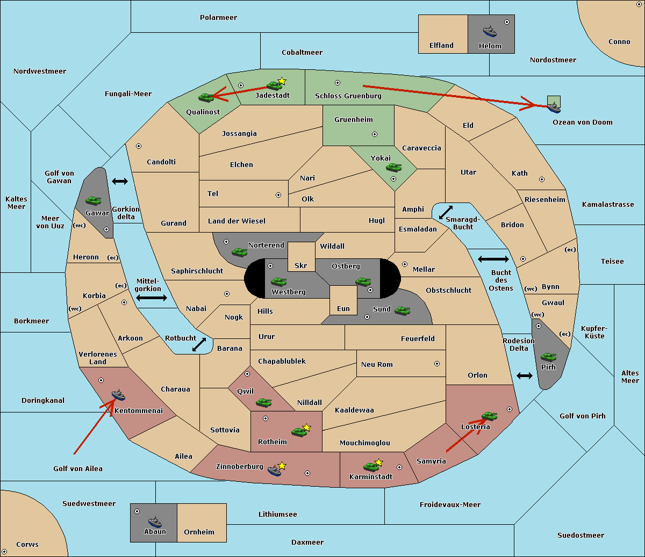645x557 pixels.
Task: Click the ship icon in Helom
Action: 490,31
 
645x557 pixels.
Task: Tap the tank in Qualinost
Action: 206,98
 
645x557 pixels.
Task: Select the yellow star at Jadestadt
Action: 282,81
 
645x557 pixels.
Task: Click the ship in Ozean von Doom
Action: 554,107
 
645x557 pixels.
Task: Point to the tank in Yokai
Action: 394,168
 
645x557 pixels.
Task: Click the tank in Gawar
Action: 94,200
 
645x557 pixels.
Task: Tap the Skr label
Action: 301,265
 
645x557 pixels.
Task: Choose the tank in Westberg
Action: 278,281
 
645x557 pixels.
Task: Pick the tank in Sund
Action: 402,310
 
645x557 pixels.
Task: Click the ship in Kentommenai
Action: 119,395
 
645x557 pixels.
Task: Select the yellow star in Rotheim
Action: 306,428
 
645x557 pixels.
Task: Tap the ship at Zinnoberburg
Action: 275,471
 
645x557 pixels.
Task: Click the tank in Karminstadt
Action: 371,467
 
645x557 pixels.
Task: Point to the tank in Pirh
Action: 549,357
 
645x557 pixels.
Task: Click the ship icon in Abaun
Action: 155,522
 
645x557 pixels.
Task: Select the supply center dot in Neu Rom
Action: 437,364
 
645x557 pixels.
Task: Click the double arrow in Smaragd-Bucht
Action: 446,212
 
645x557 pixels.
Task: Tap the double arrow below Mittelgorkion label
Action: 152,298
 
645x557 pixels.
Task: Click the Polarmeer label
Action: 218,18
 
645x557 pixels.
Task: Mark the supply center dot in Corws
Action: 4,552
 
